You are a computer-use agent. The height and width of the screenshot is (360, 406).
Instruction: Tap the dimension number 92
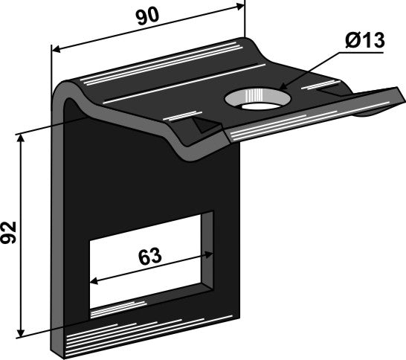pos(10,232)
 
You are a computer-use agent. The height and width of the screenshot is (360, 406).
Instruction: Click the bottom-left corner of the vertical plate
pos(54,354)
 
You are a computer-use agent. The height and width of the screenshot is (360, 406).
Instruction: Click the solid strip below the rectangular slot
pos(149,327)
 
